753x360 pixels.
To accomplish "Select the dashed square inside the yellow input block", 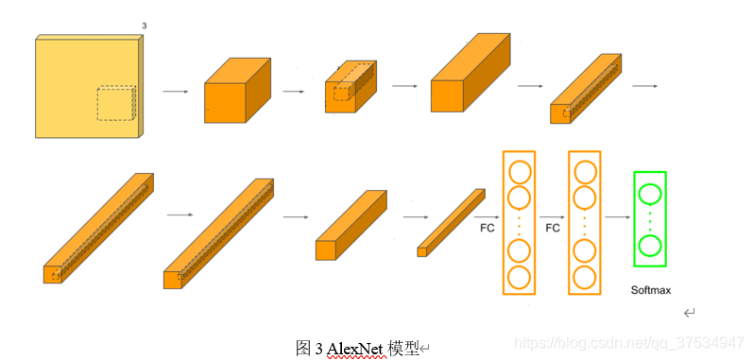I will click(116, 104).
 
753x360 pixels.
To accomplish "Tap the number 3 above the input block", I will click(144, 26).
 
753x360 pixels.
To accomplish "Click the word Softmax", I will click(650, 290).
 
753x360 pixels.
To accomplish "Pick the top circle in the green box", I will click(649, 195).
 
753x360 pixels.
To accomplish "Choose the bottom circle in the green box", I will click(649, 246).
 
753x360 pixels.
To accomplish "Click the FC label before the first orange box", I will click(488, 228).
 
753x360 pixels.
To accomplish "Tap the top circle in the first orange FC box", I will click(519, 173).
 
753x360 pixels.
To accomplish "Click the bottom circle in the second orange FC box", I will click(584, 277).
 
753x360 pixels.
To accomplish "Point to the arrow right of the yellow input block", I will click(175, 92).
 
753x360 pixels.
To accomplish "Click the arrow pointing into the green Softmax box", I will click(617, 216).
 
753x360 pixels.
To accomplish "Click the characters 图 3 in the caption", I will click(308, 349).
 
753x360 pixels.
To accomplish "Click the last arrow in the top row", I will click(644, 86).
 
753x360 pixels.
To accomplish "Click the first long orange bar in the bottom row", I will click(97, 228).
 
